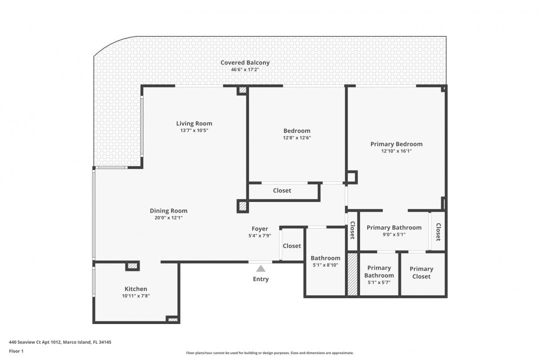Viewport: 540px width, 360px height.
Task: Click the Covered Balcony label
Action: (x=245, y=62)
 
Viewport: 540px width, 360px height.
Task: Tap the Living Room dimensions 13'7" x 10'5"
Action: (x=194, y=130)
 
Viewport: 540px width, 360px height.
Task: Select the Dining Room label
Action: (x=168, y=211)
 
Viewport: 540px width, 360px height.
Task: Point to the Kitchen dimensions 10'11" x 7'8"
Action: (x=135, y=296)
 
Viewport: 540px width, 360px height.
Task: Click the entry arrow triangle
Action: (x=260, y=268)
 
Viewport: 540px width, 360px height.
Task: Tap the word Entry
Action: (x=260, y=279)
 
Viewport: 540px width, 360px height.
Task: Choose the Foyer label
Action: (x=259, y=228)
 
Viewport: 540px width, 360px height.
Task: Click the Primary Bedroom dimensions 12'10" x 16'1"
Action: (x=396, y=151)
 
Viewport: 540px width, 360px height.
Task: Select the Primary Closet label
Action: (x=421, y=272)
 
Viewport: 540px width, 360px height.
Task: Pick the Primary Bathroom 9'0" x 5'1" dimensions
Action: (x=394, y=234)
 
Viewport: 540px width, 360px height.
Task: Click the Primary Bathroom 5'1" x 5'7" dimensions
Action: (x=379, y=282)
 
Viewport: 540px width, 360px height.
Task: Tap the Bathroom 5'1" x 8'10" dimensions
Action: (x=325, y=265)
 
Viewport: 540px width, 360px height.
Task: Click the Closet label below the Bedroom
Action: (x=282, y=190)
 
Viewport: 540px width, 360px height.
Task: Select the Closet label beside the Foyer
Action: (x=291, y=246)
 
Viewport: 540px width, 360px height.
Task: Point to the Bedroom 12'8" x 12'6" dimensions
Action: (x=297, y=138)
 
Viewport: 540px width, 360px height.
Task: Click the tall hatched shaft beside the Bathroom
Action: (x=352, y=274)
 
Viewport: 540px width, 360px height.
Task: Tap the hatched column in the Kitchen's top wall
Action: (x=132, y=265)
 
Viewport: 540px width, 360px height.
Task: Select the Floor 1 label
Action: (x=16, y=351)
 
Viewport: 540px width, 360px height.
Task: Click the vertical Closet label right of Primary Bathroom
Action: (x=438, y=232)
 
